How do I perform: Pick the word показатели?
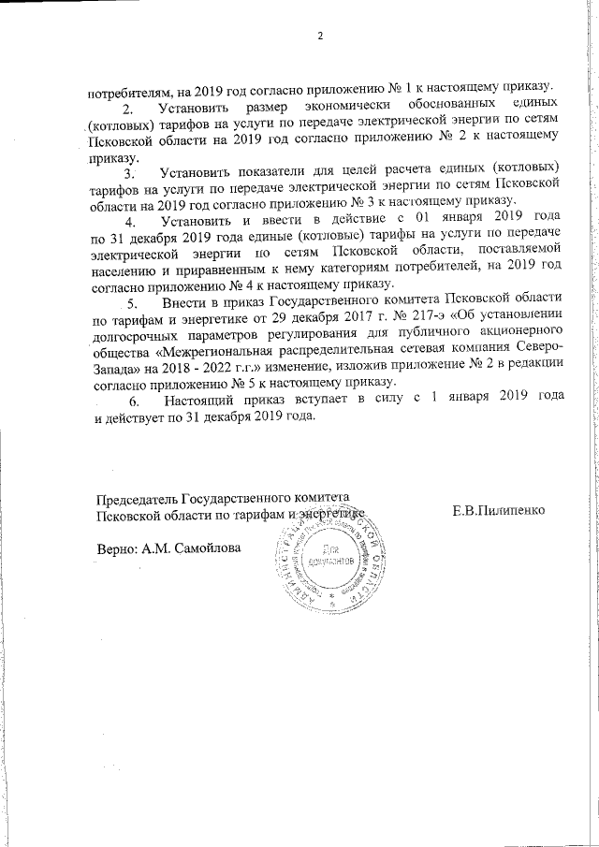[265, 173]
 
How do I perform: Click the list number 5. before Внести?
[132, 303]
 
